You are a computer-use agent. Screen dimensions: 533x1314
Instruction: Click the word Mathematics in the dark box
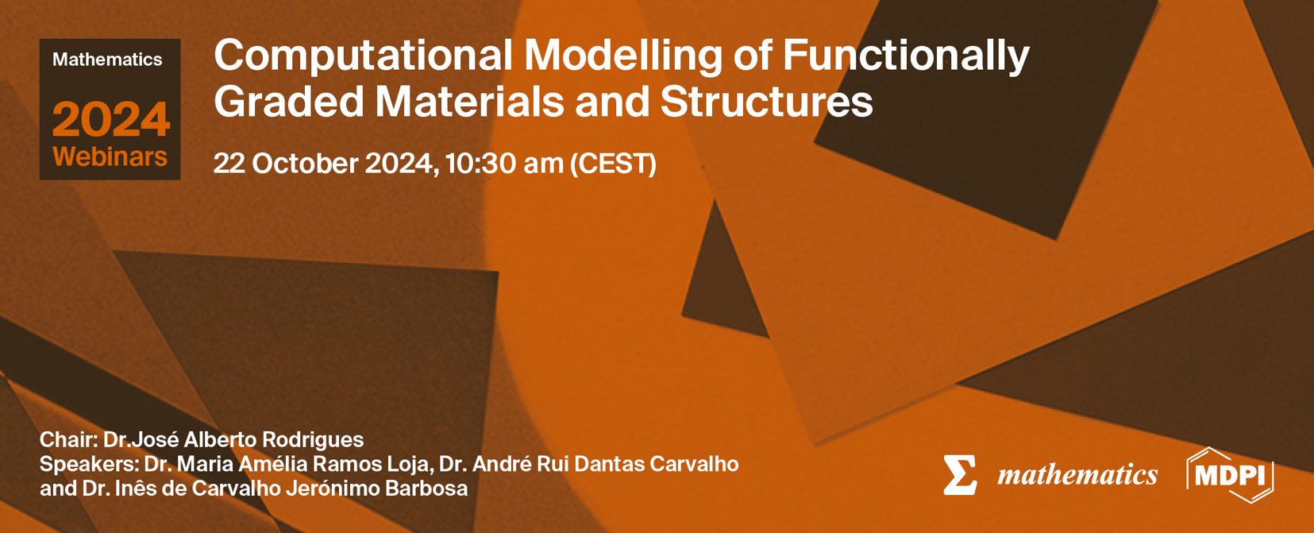point(107,60)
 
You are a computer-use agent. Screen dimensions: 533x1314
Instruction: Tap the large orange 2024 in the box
point(111,120)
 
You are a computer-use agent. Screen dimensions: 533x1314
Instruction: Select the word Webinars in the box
point(110,156)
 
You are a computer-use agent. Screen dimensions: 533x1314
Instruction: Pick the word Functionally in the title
point(906,56)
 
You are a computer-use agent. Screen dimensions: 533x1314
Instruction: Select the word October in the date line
point(306,164)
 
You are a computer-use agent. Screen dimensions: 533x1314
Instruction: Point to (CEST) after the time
point(613,164)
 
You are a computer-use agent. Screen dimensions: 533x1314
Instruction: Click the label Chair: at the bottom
point(68,439)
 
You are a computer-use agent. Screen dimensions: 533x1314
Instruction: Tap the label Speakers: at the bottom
point(90,464)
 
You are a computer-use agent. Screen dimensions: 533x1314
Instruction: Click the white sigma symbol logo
point(960,475)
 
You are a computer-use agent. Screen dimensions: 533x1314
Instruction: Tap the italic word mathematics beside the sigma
point(1077,475)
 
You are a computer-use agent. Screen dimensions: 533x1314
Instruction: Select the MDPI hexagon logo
point(1230,475)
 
